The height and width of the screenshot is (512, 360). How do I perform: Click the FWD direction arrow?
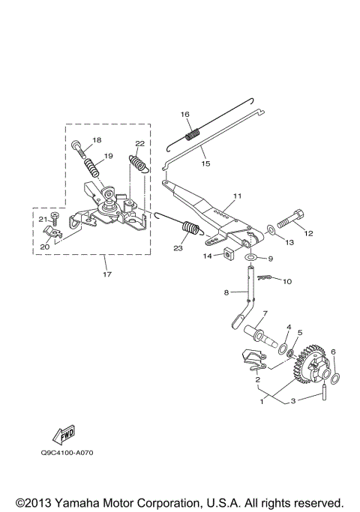(64, 434)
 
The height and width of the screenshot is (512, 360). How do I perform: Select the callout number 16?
(185, 114)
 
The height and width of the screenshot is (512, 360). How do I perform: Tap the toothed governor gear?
(310, 364)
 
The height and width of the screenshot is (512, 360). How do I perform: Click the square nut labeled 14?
(229, 255)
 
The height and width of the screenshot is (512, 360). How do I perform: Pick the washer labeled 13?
(271, 229)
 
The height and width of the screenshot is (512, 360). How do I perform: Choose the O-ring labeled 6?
(335, 379)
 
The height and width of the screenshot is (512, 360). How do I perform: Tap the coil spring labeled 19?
(92, 167)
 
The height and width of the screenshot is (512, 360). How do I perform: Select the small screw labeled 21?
(55, 218)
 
